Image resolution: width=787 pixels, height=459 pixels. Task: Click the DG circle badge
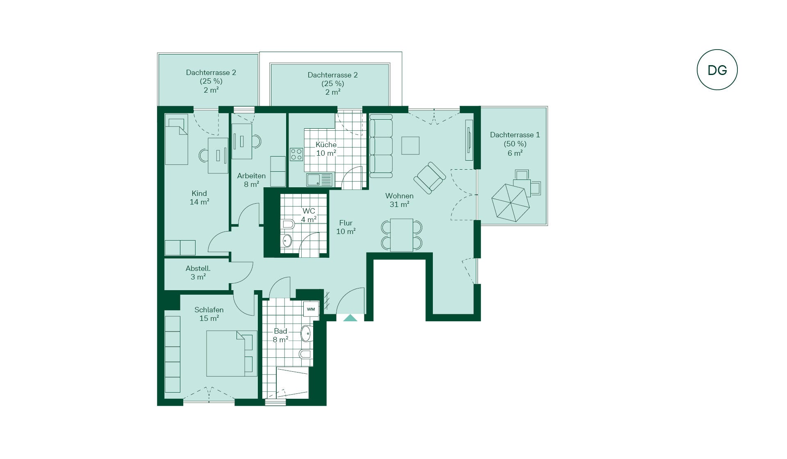coord(717,70)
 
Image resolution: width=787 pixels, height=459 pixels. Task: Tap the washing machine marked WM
coord(311,309)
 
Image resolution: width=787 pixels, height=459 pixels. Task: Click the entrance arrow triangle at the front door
coord(350,318)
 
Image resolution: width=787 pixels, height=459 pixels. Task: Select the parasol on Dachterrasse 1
coord(511,203)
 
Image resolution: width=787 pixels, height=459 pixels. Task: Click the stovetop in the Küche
coord(296,155)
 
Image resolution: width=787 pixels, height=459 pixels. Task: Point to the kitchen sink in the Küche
coord(320,180)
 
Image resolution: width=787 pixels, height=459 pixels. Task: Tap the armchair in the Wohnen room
coord(430,177)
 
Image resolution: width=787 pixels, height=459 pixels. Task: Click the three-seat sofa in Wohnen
coord(381,146)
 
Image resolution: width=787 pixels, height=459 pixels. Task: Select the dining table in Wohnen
coord(402,235)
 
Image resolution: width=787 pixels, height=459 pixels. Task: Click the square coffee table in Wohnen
coord(410,145)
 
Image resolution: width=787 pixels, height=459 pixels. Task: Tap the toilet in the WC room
coord(288,224)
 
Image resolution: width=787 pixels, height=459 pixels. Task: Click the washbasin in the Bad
coord(306,334)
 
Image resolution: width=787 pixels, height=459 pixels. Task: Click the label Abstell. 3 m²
coord(198,273)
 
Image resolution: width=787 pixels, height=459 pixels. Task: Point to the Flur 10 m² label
coord(346,227)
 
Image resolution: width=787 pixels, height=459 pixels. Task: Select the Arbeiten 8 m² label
coord(251,180)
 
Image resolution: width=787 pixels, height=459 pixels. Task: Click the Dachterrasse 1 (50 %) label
coord(515,139)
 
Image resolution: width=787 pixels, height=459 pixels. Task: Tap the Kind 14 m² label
coord(199,198)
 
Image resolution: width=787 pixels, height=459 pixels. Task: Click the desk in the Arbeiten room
coord(242,141)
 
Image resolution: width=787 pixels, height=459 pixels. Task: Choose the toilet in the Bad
coord(306,354)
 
